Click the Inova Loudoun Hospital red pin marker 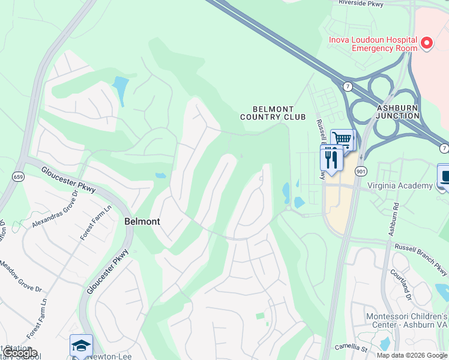[427, 43]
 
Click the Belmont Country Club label [273, 113]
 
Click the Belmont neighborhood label [142, 221]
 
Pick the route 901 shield [360, 172]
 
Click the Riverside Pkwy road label [361, 3]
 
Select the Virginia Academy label [400, 185]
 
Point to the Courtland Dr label [404, 286]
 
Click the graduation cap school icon [81, 345]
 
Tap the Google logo [20, 353]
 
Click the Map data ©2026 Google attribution [412, 355]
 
